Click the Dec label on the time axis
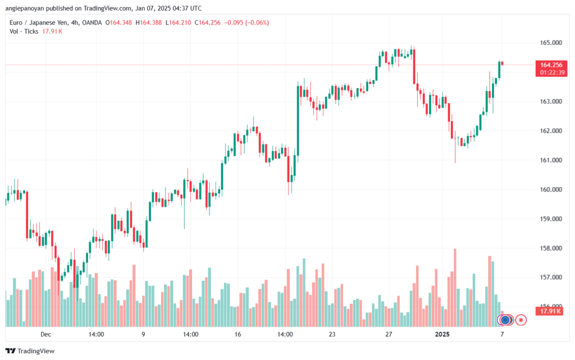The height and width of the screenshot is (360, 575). pos(45,334)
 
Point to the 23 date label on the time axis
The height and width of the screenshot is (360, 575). pos(332,334)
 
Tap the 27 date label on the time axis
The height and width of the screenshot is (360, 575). pos(389,334)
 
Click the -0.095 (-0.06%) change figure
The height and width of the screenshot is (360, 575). pos(247,22)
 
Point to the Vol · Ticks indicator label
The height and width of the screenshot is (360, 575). pos(24,31)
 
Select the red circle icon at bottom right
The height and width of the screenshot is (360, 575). pos(521,320)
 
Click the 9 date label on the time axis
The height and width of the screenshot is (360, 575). pos(144,334)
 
